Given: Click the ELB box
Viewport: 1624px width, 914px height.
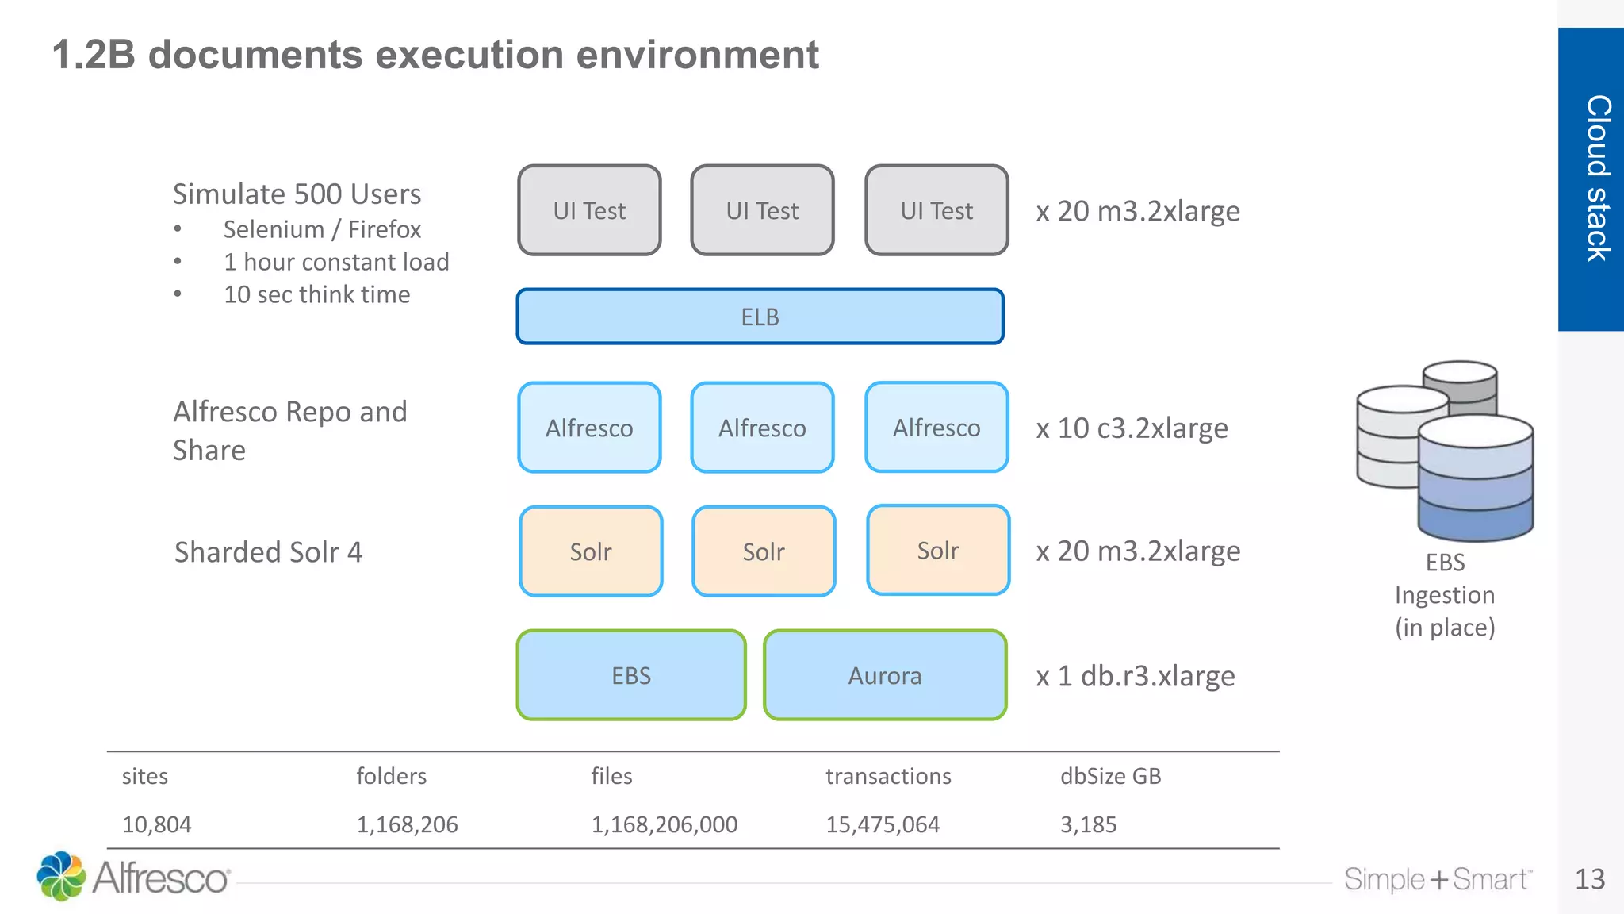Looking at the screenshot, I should [760, 317].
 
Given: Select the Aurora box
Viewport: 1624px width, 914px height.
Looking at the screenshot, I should [885, 675].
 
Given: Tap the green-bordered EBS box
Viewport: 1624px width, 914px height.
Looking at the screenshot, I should [631, 675].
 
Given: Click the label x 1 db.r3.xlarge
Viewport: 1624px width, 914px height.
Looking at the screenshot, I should [1136, 676].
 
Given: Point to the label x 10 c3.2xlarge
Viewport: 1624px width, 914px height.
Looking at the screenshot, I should [1132, 428].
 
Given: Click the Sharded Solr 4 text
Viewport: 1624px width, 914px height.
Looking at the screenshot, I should [268, 552].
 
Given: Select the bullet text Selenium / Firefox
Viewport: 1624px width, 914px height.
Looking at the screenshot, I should [322, 229].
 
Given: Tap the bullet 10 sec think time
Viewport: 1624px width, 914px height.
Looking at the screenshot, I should [316, 294].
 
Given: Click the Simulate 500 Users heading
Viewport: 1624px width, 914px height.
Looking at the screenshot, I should [297, 194].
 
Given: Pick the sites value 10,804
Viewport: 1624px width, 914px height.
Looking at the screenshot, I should [156, 824].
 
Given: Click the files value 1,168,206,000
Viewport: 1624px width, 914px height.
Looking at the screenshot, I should [664, 824].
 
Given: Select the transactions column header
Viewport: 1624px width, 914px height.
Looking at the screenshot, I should [888, 776].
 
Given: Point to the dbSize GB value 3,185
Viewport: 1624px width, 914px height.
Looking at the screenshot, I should [1088, 824].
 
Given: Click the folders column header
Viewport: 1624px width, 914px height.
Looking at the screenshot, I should [391, 776].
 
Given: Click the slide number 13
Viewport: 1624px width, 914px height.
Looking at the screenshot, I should [1589, 879].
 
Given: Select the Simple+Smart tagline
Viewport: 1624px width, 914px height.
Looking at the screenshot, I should [1437, 879].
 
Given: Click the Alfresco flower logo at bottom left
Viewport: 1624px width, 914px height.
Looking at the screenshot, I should [61, 876].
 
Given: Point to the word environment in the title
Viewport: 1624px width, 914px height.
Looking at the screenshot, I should [696, 55].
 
